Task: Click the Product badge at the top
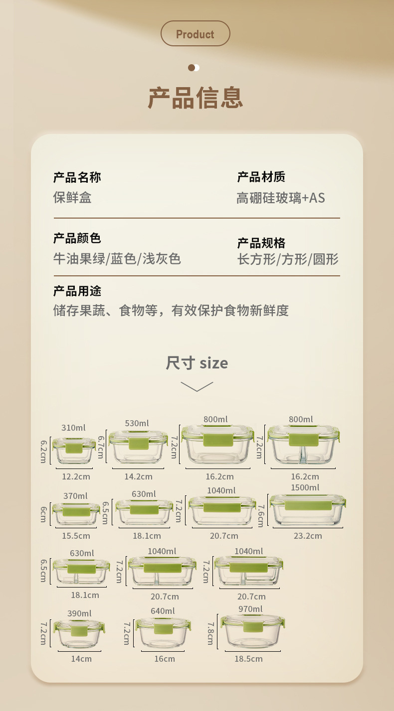tap(195, 34)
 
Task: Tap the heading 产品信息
tap(195, 98)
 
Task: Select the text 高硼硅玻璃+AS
tap(280, 198)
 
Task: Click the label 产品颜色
tap(77, 238)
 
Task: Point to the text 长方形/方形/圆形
tap(288, 259)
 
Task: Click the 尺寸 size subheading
tap(197, 363)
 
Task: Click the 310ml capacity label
tap(73, 428)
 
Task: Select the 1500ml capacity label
tap(305, 487)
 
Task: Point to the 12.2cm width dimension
tap(76, 476)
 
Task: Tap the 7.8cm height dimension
tap(210, 633)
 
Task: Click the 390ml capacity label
tap(79, 613)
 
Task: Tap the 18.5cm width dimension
tap(248, 659)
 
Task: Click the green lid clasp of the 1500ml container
tap(308, 505)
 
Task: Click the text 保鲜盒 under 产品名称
tap(72, 198)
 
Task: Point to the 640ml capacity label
tap(163, 611)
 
